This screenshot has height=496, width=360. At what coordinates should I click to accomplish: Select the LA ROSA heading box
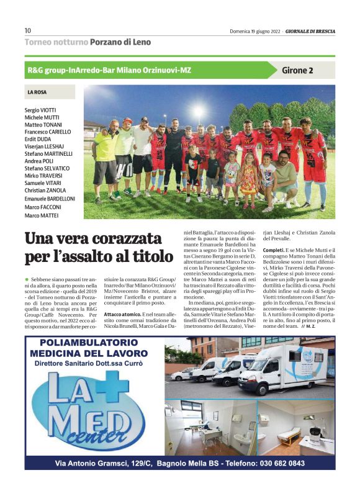50,92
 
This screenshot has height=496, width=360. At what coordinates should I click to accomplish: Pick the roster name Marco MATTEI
42,215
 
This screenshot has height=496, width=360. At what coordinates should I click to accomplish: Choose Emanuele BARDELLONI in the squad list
50,199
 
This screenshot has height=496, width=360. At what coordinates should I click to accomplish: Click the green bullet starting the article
27,281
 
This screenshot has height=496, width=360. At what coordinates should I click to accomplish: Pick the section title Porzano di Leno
121,42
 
